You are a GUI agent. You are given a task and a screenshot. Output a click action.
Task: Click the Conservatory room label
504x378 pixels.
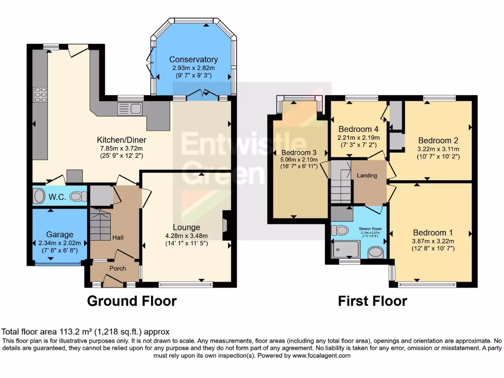[193, 60]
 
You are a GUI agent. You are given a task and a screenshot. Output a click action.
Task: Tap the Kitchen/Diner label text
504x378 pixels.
[122, 140]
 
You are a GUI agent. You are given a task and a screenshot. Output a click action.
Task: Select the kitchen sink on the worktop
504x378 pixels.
[130, 109]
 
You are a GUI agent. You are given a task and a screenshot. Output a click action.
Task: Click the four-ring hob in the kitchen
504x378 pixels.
[40, 94]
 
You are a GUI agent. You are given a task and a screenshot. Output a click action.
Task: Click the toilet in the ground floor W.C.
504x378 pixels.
[76, 197]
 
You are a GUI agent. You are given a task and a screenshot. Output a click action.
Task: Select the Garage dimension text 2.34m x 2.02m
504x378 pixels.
[60, 243]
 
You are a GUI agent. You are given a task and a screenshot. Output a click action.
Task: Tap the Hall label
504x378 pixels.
[117, 238]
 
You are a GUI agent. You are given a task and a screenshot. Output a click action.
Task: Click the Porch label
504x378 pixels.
[117, 268]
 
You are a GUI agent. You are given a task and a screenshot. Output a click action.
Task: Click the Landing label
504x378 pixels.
[367, 176]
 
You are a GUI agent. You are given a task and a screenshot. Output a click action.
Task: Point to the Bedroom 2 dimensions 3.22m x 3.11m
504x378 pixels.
[438, 149]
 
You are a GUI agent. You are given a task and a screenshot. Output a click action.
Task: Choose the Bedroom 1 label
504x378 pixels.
[433, 232]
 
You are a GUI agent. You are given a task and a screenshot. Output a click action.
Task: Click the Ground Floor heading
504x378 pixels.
[131, 301]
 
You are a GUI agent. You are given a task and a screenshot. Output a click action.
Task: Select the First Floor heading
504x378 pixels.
[372, 301]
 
